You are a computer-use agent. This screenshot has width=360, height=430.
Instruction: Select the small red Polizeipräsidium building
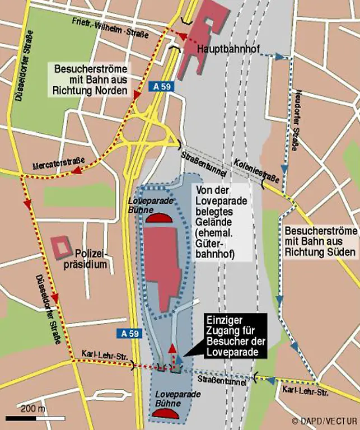coord(61,246)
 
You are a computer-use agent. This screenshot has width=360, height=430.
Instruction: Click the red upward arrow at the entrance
coord(172,353)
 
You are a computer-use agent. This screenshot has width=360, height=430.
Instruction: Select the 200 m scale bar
coord(27,418)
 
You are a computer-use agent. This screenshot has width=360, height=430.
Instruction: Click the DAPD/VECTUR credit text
coord(324,420)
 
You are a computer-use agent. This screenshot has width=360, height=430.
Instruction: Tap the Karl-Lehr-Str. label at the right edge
coord(302,390)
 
